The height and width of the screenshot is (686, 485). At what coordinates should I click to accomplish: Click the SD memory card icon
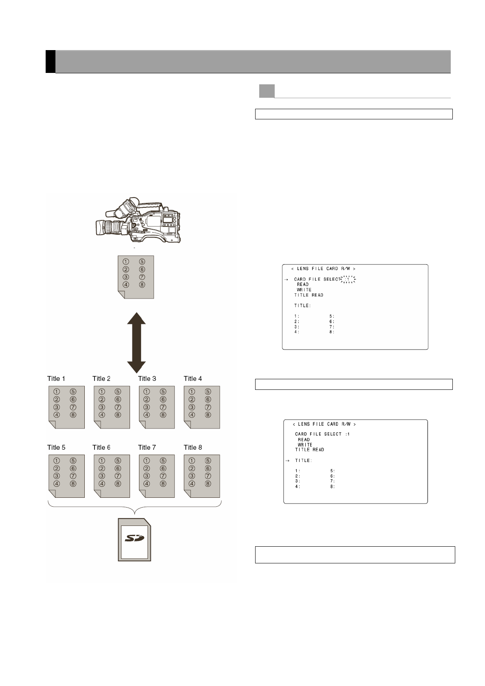134,540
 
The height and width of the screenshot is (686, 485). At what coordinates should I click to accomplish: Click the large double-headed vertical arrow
136,343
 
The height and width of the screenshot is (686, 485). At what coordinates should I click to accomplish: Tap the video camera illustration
138,220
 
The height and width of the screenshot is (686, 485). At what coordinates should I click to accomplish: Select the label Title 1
56,378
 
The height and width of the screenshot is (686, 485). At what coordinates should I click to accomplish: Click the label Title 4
193,378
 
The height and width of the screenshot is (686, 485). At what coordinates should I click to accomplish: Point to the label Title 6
101,447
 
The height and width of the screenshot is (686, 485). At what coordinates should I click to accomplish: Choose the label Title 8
193,447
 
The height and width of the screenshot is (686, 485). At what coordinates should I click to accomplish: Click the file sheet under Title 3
157,407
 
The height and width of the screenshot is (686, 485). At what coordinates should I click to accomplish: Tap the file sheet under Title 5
66,476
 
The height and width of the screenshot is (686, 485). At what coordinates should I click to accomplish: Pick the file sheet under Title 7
157,476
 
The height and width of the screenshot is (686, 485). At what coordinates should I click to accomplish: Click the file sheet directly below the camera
136,277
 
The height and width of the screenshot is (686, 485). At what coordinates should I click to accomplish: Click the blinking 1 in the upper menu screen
348,279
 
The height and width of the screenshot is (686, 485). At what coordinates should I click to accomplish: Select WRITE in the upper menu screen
304,290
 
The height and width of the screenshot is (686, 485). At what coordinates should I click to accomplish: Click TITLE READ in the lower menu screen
310,450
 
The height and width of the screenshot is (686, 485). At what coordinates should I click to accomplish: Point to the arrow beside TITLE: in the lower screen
287,460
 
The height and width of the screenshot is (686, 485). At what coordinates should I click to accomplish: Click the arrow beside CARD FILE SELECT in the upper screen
286,279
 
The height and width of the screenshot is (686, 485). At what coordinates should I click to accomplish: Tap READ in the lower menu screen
304,440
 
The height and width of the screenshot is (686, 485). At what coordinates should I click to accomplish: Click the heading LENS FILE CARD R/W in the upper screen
323,269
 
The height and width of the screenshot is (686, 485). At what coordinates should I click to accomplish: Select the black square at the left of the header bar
50,62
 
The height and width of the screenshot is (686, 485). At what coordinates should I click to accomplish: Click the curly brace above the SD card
134,506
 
